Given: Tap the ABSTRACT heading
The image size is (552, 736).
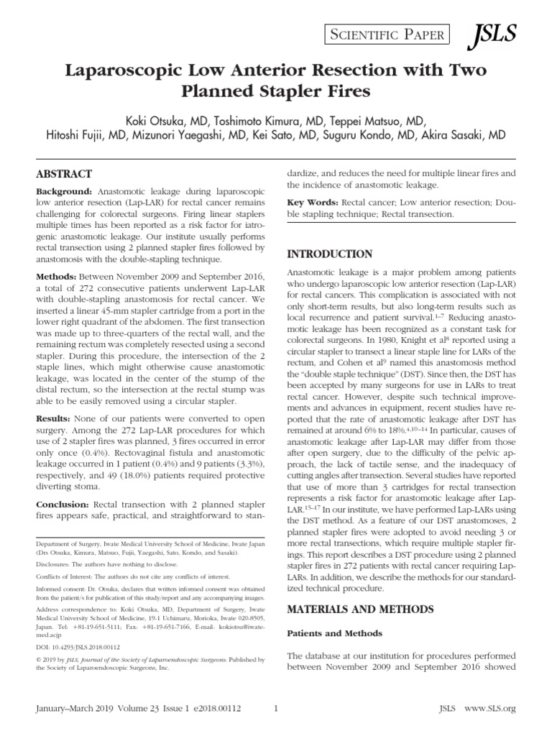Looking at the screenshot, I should tap(64, 174).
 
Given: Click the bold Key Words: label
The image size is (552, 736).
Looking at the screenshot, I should tap(313, 203).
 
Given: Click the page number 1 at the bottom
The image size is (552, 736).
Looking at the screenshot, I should tap(276, 709).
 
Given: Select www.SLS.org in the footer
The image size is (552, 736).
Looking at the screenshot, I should tap(492, 709).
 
